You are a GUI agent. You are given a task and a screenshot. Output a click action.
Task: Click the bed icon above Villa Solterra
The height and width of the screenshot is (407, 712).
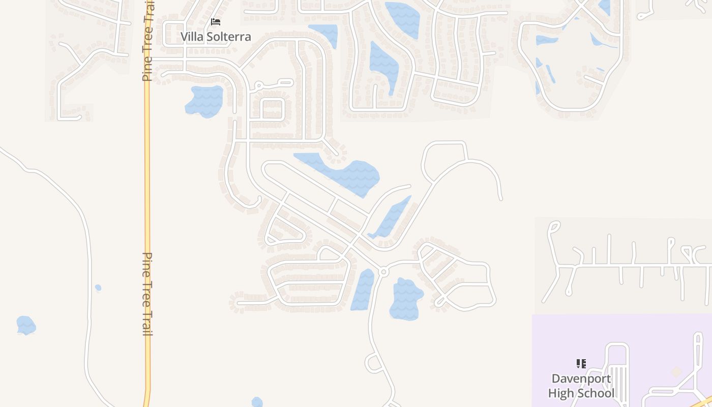pyautogui.click(x=216, y=22)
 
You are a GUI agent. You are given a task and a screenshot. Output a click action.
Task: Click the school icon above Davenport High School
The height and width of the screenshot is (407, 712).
pyautogui.click(x=581, y=363)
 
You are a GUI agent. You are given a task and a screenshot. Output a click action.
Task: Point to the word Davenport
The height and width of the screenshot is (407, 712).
pyautogui.click(x=581, y=379)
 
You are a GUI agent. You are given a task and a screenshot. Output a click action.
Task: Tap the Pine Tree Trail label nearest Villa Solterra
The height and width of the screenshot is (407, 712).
pyautogui.click(x=147, y=46)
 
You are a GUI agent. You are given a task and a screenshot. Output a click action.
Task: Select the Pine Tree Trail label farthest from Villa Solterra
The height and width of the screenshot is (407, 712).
pyautogui.click(x=147, y=294)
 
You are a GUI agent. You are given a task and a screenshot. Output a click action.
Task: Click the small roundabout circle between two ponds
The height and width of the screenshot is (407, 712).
pyautogui.click(x=384, y=272)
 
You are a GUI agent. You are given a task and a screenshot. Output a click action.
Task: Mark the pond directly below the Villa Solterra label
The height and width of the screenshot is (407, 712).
pyautogui.click(x=205, y=101)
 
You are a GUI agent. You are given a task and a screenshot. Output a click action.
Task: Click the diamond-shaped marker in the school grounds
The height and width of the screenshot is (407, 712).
pyautogui.click(x=676, y=372)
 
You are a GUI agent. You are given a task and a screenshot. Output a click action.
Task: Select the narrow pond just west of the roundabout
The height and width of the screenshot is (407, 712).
pyautogui.click(x=363, y=290)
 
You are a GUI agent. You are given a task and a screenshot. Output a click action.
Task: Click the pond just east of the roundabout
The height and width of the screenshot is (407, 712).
pyautogui.click(x=406, y=299)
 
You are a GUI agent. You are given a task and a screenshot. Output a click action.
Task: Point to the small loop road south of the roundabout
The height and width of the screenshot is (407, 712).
pyautogui.click(x=374, y=363)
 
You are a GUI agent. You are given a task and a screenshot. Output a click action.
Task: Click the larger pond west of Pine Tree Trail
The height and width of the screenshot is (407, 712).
pyautogui.click(x=25, y=325)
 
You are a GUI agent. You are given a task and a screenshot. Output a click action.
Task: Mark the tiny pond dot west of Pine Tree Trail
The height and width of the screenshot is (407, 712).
pyautogui.click(x=98, y=288)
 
